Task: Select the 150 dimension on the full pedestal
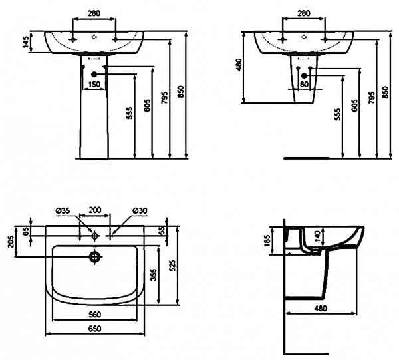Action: (x=94, y=85)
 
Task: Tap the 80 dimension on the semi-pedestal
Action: (x=303, y=85)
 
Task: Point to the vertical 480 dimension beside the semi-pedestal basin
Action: (x=239, y=66)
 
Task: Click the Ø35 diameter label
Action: (x=63, y=211)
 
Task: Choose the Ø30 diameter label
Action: (x=139, y=211)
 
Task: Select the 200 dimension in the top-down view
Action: (x=95, y=211)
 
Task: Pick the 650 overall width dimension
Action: (x=95, y=331)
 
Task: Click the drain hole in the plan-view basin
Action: (x=95, y=256)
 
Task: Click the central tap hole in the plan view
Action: (x=95, y=235)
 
